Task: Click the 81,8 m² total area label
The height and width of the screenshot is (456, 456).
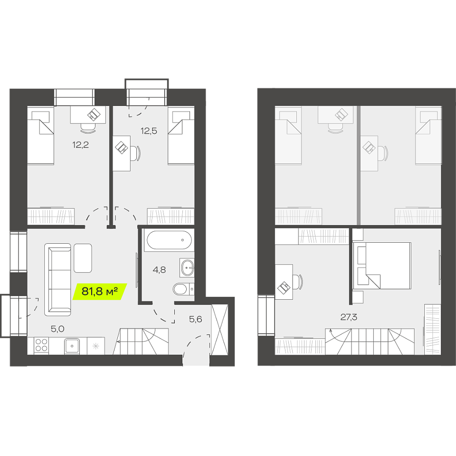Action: click(x=99, y=291)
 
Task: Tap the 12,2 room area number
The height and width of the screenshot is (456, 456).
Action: click(x=81, y=144)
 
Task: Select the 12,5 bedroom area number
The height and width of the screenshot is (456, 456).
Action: click(x=149, y=131)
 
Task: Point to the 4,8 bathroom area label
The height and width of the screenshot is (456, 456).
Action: click(x=159, y=270)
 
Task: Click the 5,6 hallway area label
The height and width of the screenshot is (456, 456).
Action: click(x=195, y=319)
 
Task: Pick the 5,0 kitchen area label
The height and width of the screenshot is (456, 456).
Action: click(x=57, y=329)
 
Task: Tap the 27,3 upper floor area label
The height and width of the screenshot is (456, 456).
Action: click(x=349, y=317)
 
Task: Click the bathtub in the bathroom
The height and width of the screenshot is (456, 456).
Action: click(x=169, y=240)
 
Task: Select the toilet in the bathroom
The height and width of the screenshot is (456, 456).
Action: click(x=183, y=289)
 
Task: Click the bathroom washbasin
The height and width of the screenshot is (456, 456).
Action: click(x=187, y=267)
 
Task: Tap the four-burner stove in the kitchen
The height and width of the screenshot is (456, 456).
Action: click(x=41, y=345)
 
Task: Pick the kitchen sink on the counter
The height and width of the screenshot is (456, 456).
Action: click(x=72, y=346)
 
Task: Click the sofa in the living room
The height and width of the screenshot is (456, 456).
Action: click(x=57, y=279)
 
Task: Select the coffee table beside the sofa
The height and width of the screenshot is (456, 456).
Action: click(x=83, y=258)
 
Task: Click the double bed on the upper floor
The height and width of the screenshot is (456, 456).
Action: click(x=382, y=266)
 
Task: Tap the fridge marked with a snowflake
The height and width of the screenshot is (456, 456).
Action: click(x=96, y=346)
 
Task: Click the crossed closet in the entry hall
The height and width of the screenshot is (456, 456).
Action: click(x=219, y=330)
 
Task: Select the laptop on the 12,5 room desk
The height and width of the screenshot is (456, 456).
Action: click(x=122, y=147)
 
